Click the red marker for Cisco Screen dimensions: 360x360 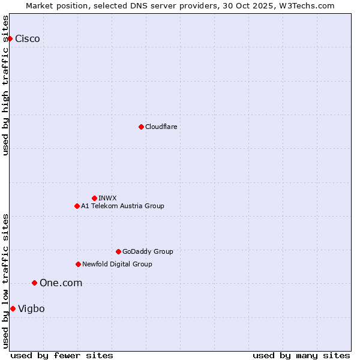pyautogui.click(x=10, y=39)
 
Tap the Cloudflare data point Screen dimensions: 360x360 pyautogui.click(x=141, y=127)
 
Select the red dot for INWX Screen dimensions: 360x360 pyautogui.click(x=94, y=198)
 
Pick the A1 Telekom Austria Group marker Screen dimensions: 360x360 pyautogui.click(x=77, y=206)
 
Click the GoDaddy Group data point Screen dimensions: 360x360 pyautogui.click(x=118, y=251)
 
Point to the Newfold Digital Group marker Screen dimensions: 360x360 pyautogui.click(x=78, y=264)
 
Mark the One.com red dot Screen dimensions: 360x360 pyautogui.click(x=34, y=283)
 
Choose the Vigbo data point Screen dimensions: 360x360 pyautogui.click(x=13, y=308)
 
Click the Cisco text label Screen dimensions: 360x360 pyautogui.click(x=28, y=39)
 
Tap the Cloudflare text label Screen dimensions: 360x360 pyautogui.click(x=161, y=127)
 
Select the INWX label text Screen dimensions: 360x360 pyautogui.click(x=107, y=198)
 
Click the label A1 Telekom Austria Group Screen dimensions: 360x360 pyautogui.click(x=122, y=206)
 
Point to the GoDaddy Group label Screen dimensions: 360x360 pyautogui.click(x=148, y=251)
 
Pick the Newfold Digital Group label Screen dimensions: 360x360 pyautogui.click(x=117, y=264)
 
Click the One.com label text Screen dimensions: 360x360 pyautogui.click(x=61, y=283)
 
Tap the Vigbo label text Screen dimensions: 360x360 pyautogui.click(x=31, y=308)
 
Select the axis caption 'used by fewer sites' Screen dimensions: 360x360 pyautogui.click(x=62, y=355)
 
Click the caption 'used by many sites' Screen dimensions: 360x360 pyautogui.click(x=301, y=355)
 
